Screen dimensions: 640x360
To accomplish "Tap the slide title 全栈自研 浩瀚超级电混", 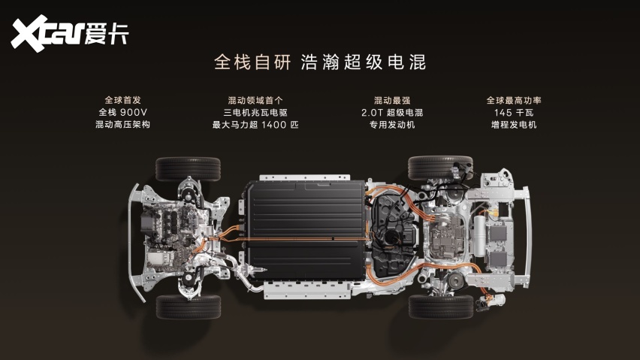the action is pos(320,62).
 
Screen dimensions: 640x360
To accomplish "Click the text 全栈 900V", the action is pos(123,112).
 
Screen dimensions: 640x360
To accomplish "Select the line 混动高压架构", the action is pos(123,125).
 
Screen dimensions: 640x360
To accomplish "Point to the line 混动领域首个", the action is pos(255,101).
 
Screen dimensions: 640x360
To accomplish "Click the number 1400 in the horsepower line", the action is pos(274,125).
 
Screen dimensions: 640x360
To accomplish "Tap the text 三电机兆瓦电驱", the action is pos(255,113).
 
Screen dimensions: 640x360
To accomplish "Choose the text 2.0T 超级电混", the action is pos(392,113).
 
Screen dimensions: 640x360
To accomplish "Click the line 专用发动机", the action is pos(392,125).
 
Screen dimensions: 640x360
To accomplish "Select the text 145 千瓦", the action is pos(514,113).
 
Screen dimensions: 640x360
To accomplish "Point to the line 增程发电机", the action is pos(514,125).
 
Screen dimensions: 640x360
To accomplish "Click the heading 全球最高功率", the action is pos(514,101).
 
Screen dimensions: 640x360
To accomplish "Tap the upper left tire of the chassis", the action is pos(188,168).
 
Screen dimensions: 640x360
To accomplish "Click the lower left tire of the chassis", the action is pos(188,307).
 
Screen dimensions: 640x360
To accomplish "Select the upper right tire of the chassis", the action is pos(440,168).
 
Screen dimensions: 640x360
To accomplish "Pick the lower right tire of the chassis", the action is pos(441,307).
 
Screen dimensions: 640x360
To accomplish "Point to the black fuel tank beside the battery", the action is pos(394,234).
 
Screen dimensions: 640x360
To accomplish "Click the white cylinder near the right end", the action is pos(479,236).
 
